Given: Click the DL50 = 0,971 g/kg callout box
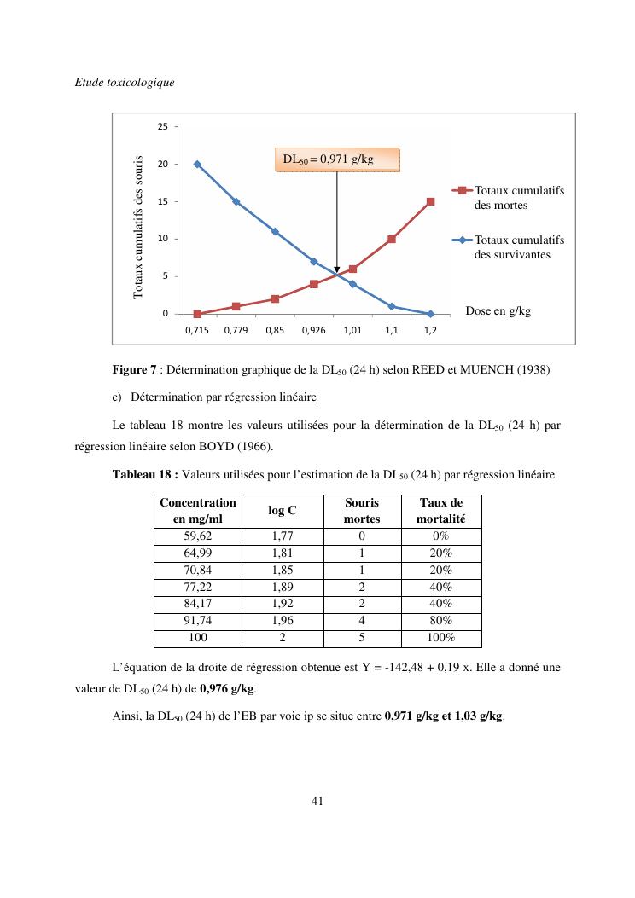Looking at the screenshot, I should [x=337, y=159].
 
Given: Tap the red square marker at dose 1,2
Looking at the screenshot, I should [x=431, y=202].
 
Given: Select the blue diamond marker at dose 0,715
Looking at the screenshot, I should [x=197, y=164].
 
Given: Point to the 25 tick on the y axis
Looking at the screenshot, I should [x=162, y=127].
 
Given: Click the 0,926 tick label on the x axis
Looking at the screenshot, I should [x=313, y=329].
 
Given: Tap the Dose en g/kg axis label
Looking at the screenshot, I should [x=498, y=311].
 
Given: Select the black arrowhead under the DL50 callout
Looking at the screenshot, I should [x=337, y=269].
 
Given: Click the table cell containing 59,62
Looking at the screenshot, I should [x=197, y=536].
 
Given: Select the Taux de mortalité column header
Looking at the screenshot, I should [x=440, y=511].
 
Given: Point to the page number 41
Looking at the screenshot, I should [x=317, y=801].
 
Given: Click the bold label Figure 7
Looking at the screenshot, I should [x=134, y=370].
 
